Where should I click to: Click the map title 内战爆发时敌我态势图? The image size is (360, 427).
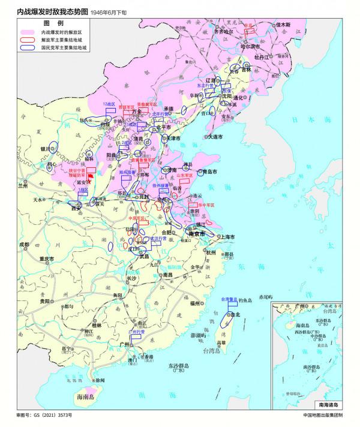(x=53, y=11)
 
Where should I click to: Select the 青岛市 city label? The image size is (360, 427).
(x=209, y=171)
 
